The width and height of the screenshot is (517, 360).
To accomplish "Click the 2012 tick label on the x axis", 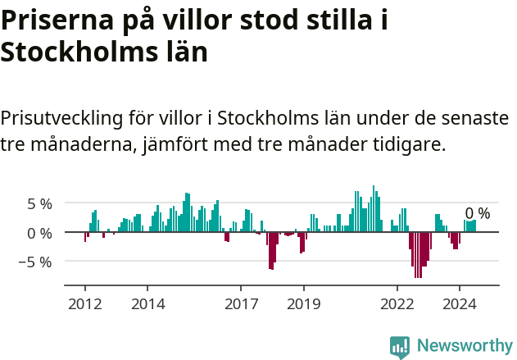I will point(85,304).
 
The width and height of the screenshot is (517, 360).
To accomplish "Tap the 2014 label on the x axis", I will point(147,304).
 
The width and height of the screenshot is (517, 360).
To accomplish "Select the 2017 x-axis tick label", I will point(241,304).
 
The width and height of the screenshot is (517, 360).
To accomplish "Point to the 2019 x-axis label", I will point(303,304).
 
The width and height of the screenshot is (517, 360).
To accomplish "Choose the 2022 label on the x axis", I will point(397,304).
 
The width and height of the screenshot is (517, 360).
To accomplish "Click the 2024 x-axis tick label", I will point(460,304).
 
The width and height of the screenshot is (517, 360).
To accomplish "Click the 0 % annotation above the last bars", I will point(478,213).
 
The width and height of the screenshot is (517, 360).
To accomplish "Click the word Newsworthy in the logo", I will point(465,345).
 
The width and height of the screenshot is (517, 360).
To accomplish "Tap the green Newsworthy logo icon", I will point(400,346).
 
